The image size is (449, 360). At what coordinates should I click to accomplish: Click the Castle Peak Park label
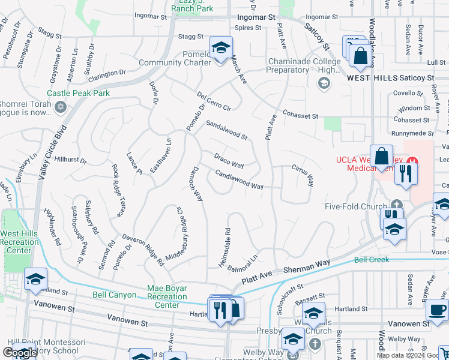click(79, 94)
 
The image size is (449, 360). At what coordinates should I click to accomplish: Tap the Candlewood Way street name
click(239, 180)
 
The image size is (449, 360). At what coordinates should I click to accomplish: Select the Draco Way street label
click(229, 160)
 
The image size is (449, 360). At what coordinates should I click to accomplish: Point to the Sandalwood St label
click(226, 130)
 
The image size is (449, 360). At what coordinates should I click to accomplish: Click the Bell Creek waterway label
click(372, 260)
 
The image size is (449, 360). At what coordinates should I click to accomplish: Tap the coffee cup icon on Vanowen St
click(436, 310)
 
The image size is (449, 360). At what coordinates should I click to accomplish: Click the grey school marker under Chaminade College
click(324, 83)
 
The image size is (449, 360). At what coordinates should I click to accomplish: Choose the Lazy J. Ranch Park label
click(192, 6)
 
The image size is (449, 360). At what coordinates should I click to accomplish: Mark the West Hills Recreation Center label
click(19, 241)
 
